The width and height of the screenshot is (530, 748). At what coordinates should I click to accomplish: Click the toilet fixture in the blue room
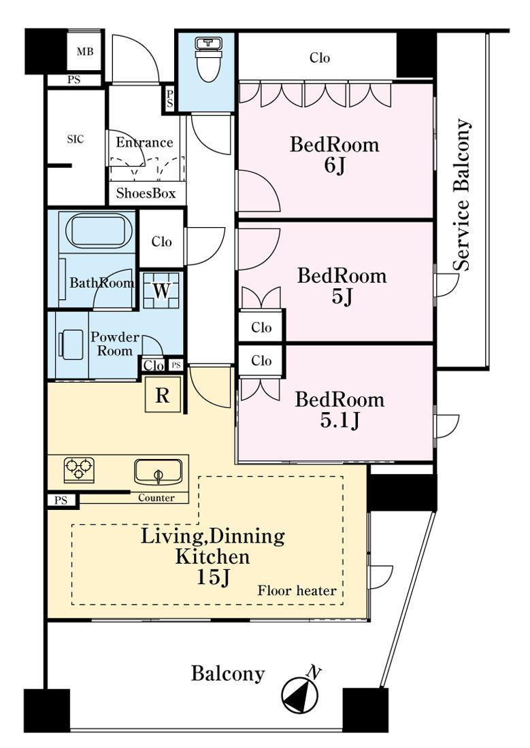pyautogui.click(x=208, y=60)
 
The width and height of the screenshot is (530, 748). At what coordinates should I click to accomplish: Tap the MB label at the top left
pyautogui.click(x=85, y=52)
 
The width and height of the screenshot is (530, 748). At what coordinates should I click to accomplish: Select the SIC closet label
pyautogui.click(x=76, y=139)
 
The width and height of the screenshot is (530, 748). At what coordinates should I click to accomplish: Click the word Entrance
pyautogui.click(x=144, y=142)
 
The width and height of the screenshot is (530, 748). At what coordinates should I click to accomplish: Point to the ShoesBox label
pyautogui.click(x=146, y=193)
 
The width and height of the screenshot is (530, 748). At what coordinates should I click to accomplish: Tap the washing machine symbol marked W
pyautogui.click(x=161, y=290)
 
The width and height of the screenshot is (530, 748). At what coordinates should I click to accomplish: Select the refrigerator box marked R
pyautogui.click(x=163, y=394)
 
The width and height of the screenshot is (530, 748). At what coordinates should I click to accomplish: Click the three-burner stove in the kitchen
pyautogui.click(x=79, y=470)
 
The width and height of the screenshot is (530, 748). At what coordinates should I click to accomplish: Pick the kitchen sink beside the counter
pyautogui.click(x=158, y=472)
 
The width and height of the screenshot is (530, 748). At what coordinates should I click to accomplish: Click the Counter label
pyautogui.click(x=156, y=498)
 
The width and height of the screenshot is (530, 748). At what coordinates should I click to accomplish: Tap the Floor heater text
pyautogui.click(x=297, y=590)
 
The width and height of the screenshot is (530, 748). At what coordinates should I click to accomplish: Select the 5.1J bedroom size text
pyautogui.click(x=339, y=420)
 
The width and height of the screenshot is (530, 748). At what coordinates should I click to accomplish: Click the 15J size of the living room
pyautogui.click(x=214, y=577)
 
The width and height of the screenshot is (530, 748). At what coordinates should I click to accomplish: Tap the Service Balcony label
pyautogui.click(x=462, y=194)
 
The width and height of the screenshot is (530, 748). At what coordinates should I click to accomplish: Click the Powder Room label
pyautogui.click(x=114, y=344)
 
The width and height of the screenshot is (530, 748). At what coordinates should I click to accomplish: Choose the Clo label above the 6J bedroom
pyautogui.click(x=320, y=58)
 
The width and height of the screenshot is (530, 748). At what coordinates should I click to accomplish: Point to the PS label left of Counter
pyautogui.click(x=61, y=500)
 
